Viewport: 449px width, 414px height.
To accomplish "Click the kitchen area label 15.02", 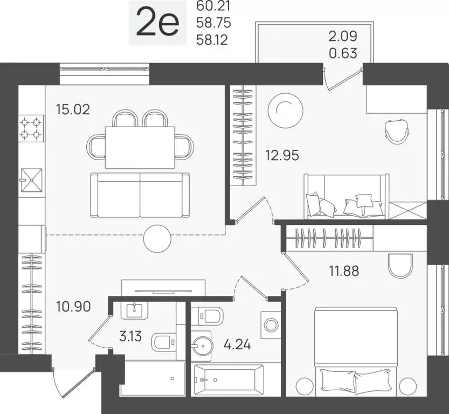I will click(72, 110).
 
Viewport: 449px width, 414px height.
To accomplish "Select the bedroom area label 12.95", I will click(281, 156).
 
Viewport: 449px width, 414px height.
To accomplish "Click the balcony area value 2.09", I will click(343, 37).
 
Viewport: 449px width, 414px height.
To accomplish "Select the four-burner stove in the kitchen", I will click(31, 128).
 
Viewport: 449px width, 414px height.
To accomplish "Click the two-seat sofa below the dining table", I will click(140, 195).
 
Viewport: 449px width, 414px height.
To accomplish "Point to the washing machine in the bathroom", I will click(271, 325).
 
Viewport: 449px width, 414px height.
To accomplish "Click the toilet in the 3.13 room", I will click(163, 342).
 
